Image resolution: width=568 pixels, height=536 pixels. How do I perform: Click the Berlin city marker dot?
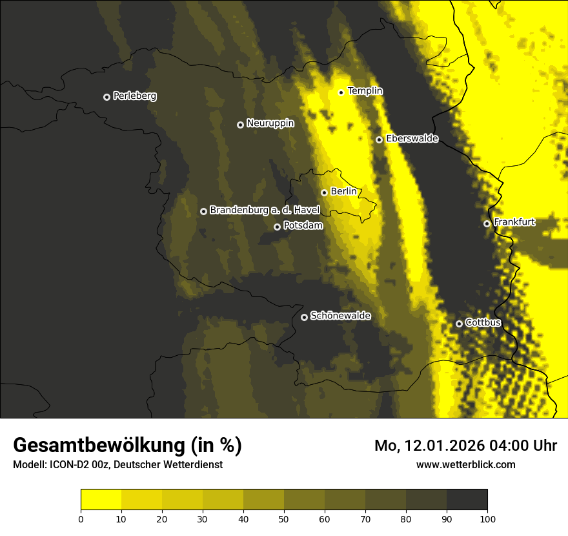coord(324,192)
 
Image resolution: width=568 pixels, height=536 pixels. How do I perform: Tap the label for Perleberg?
coord(134,96)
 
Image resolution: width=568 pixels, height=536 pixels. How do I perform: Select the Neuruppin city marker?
coord(240,125)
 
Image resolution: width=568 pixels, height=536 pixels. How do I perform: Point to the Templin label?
coord(365,91)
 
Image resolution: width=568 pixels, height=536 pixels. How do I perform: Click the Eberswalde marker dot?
coord(379,139)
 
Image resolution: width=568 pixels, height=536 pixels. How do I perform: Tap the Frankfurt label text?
coord(514,222)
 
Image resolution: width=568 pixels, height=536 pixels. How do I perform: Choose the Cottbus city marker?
coord(459,324)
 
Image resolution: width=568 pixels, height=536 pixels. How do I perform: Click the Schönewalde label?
coord(340,316)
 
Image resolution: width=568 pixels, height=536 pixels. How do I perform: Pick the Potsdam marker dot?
coord(277,227)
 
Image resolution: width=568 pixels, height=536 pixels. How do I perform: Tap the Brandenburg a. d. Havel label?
coord(265,211)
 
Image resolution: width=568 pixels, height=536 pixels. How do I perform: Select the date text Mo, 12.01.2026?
coord(424,446)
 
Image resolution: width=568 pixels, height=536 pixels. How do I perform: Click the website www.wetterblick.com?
coord(465,464)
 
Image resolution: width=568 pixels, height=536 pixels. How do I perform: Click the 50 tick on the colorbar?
coord(284,518)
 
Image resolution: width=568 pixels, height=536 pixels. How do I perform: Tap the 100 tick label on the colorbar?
coord(487,518)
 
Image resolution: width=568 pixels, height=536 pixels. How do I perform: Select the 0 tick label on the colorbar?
coord(81,518)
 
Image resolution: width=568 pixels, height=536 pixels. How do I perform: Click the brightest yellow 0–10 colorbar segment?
coord(101,500)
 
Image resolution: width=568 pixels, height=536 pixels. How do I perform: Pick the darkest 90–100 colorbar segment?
coord(467,500)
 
